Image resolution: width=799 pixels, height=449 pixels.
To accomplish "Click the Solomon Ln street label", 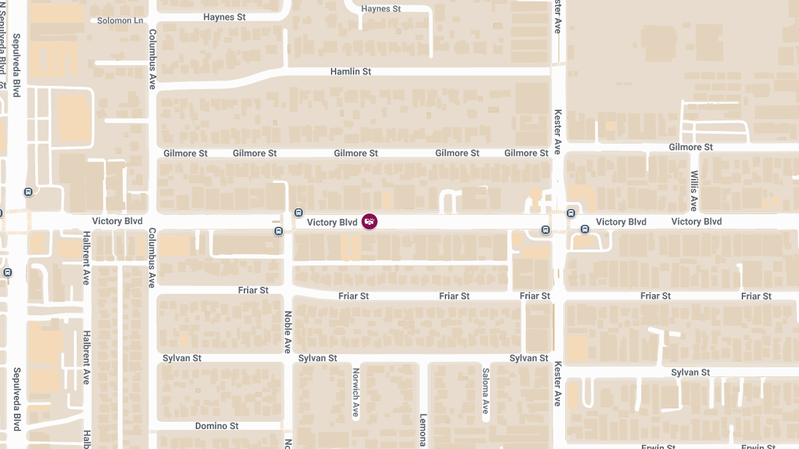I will coord(120,21).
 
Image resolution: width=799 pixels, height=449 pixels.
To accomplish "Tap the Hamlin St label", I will coord(350,71).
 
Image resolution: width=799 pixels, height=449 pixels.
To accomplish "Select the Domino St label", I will coord(216,426).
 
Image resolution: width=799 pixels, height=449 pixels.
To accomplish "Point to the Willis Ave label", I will coord(694,190).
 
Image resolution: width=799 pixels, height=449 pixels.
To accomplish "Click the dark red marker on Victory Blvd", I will coord(370,222).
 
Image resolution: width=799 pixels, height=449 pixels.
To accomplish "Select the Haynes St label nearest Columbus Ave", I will coord(224,17).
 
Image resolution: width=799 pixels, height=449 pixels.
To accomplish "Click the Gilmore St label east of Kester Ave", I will coord(690,147).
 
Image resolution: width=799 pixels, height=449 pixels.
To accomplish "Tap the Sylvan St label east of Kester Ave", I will coord(690,373).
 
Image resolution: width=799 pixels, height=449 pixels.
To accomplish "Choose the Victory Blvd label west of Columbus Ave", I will coord(117,222).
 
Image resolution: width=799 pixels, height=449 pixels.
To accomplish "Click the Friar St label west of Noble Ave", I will coord(253,291).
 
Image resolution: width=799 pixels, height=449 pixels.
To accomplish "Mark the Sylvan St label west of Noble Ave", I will coord(182,358).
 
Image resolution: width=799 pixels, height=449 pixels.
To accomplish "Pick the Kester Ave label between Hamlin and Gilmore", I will coord(558,132).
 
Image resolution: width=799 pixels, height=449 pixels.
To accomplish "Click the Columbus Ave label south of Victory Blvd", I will coord(152,257).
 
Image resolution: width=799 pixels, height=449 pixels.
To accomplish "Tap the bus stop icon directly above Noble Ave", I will coord(278,231).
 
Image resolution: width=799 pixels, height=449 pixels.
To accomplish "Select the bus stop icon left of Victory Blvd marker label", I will coord(298,212).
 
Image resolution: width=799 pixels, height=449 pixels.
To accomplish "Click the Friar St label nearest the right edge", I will coord(756,296).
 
